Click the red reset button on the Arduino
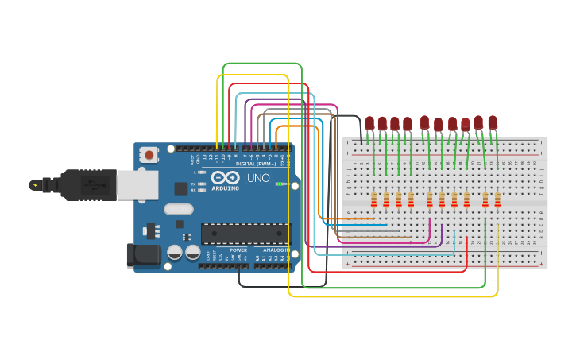(148, 156)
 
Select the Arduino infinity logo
(225, 178)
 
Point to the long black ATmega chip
(245, 233)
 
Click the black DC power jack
(144, 255)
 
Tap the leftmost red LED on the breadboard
(369, 122)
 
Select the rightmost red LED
(493, 122)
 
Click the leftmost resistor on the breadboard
(373, 199)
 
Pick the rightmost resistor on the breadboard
(497, 199)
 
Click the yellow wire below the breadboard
(397, 296)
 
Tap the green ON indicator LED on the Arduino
(279, 184)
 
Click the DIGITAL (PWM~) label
(256, 164)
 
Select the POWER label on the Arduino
(238, 250)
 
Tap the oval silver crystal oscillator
(179, 210)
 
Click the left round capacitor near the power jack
(175, 254)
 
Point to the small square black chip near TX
(181, 189)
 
